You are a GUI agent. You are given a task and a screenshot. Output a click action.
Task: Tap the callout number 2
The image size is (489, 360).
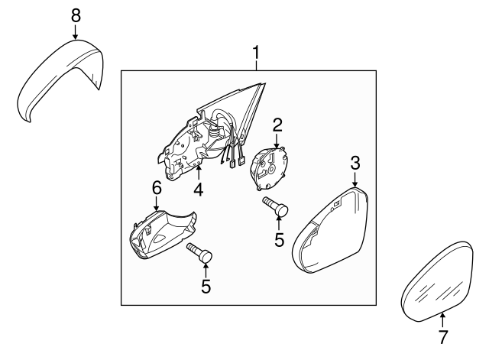[x=278, y=124]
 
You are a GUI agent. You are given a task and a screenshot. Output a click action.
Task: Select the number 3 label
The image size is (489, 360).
[x=355, y=162]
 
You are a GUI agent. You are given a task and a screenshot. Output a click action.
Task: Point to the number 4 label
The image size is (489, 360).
[x=198, y=188]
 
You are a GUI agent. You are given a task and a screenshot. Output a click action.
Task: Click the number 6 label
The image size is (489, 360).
[x=157, y=187]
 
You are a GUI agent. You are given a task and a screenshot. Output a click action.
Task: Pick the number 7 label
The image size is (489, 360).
[x=443, y=336]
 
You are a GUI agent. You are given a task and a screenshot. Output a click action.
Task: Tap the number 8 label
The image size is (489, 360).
[x=75, y=15]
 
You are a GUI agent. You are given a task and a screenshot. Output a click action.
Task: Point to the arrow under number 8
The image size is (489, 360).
[x=75, y=32]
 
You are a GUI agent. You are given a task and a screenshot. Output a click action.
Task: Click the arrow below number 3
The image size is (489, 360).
[x=355, y=179]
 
